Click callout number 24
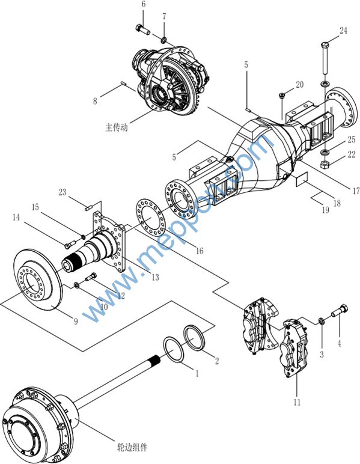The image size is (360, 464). (343, 31)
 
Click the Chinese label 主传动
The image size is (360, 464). (117, 127)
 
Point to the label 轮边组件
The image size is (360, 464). (132, 447)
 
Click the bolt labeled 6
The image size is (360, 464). (142, 29)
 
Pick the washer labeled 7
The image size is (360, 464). (163, 39)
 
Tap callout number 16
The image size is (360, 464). (200, 251)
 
